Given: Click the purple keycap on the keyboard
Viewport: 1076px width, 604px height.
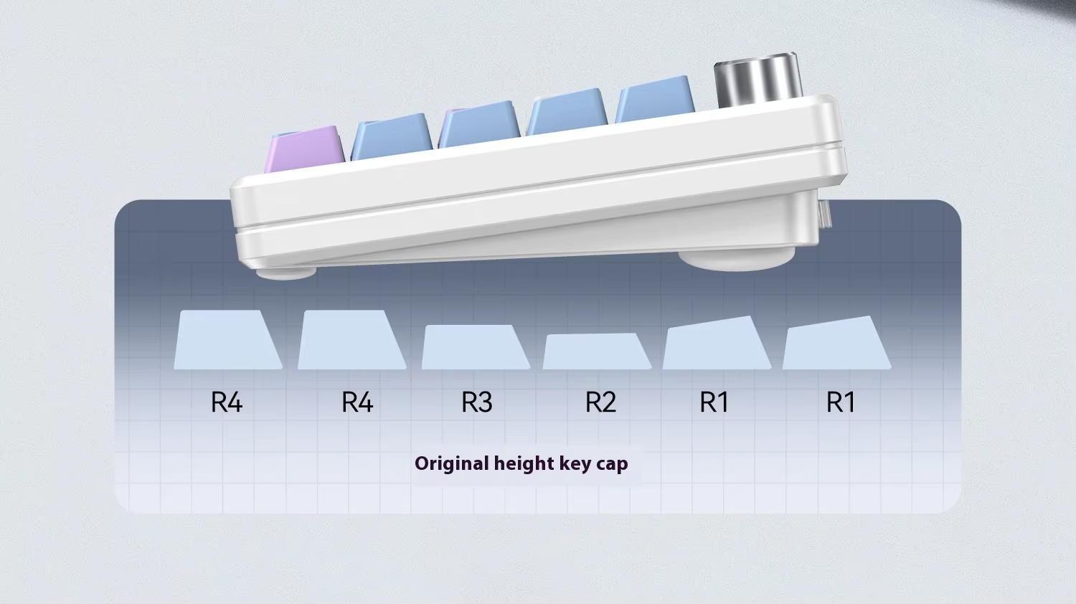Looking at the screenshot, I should (x=303, y=149).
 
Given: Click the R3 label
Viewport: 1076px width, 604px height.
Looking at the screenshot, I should (x=477, y=402).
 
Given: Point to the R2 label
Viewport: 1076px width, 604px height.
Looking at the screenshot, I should (x=600, y=402).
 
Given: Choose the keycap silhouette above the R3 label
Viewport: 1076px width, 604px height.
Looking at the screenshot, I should (x=476, y=348).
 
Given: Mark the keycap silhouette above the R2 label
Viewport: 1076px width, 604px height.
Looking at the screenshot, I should (x=597, y=351).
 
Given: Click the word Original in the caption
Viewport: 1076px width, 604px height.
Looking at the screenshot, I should (x=452, y=463).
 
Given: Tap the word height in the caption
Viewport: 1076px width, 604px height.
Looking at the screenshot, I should (x=524, y=463).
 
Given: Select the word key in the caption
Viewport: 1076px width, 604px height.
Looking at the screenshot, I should (x=575, y=463).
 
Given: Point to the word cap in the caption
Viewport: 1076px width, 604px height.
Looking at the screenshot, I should (x=612, y=464).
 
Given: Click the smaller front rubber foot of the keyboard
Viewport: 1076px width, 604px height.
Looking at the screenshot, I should (x=286, y=272).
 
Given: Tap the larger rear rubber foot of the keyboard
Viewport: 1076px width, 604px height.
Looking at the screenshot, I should (x=737, y=259).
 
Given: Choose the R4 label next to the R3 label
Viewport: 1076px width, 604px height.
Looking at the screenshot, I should (x=357, y=402).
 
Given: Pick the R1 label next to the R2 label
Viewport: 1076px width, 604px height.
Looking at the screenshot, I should (x=714, y=402).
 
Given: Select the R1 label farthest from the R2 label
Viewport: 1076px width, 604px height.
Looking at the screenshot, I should (x=841, y=402).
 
